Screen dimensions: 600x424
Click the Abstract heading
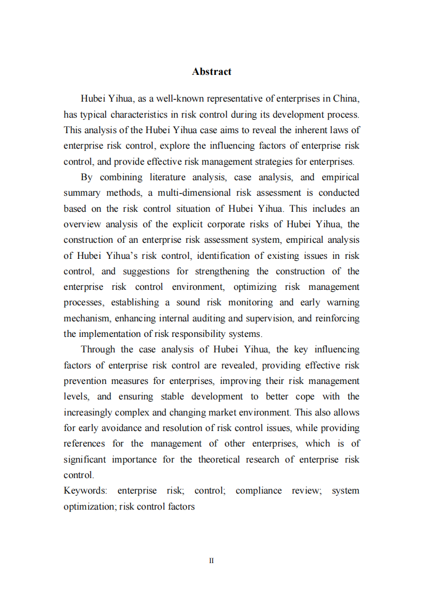point(212,72)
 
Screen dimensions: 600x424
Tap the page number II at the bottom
point(212,560)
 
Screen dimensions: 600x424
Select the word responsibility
point(218,334)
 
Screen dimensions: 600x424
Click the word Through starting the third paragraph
point(97,350)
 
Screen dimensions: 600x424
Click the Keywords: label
point(86,491)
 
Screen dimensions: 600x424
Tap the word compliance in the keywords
point(258,491)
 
